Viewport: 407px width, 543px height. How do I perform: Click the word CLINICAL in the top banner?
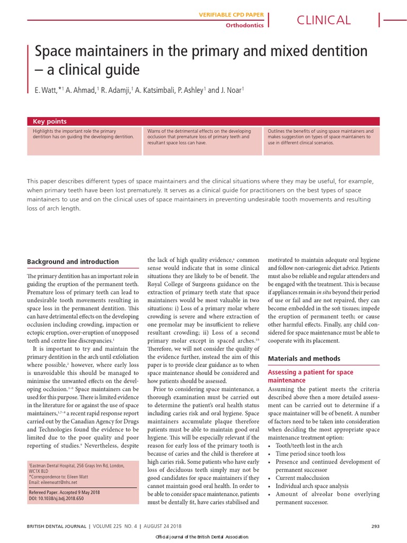(x=323, y=20)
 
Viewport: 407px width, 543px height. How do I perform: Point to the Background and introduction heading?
(x=73, y=262)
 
